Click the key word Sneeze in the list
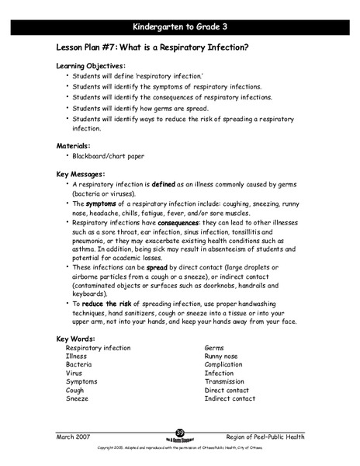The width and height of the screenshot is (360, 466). pos(78,398)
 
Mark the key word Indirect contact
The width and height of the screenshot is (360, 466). pos(230,398)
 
